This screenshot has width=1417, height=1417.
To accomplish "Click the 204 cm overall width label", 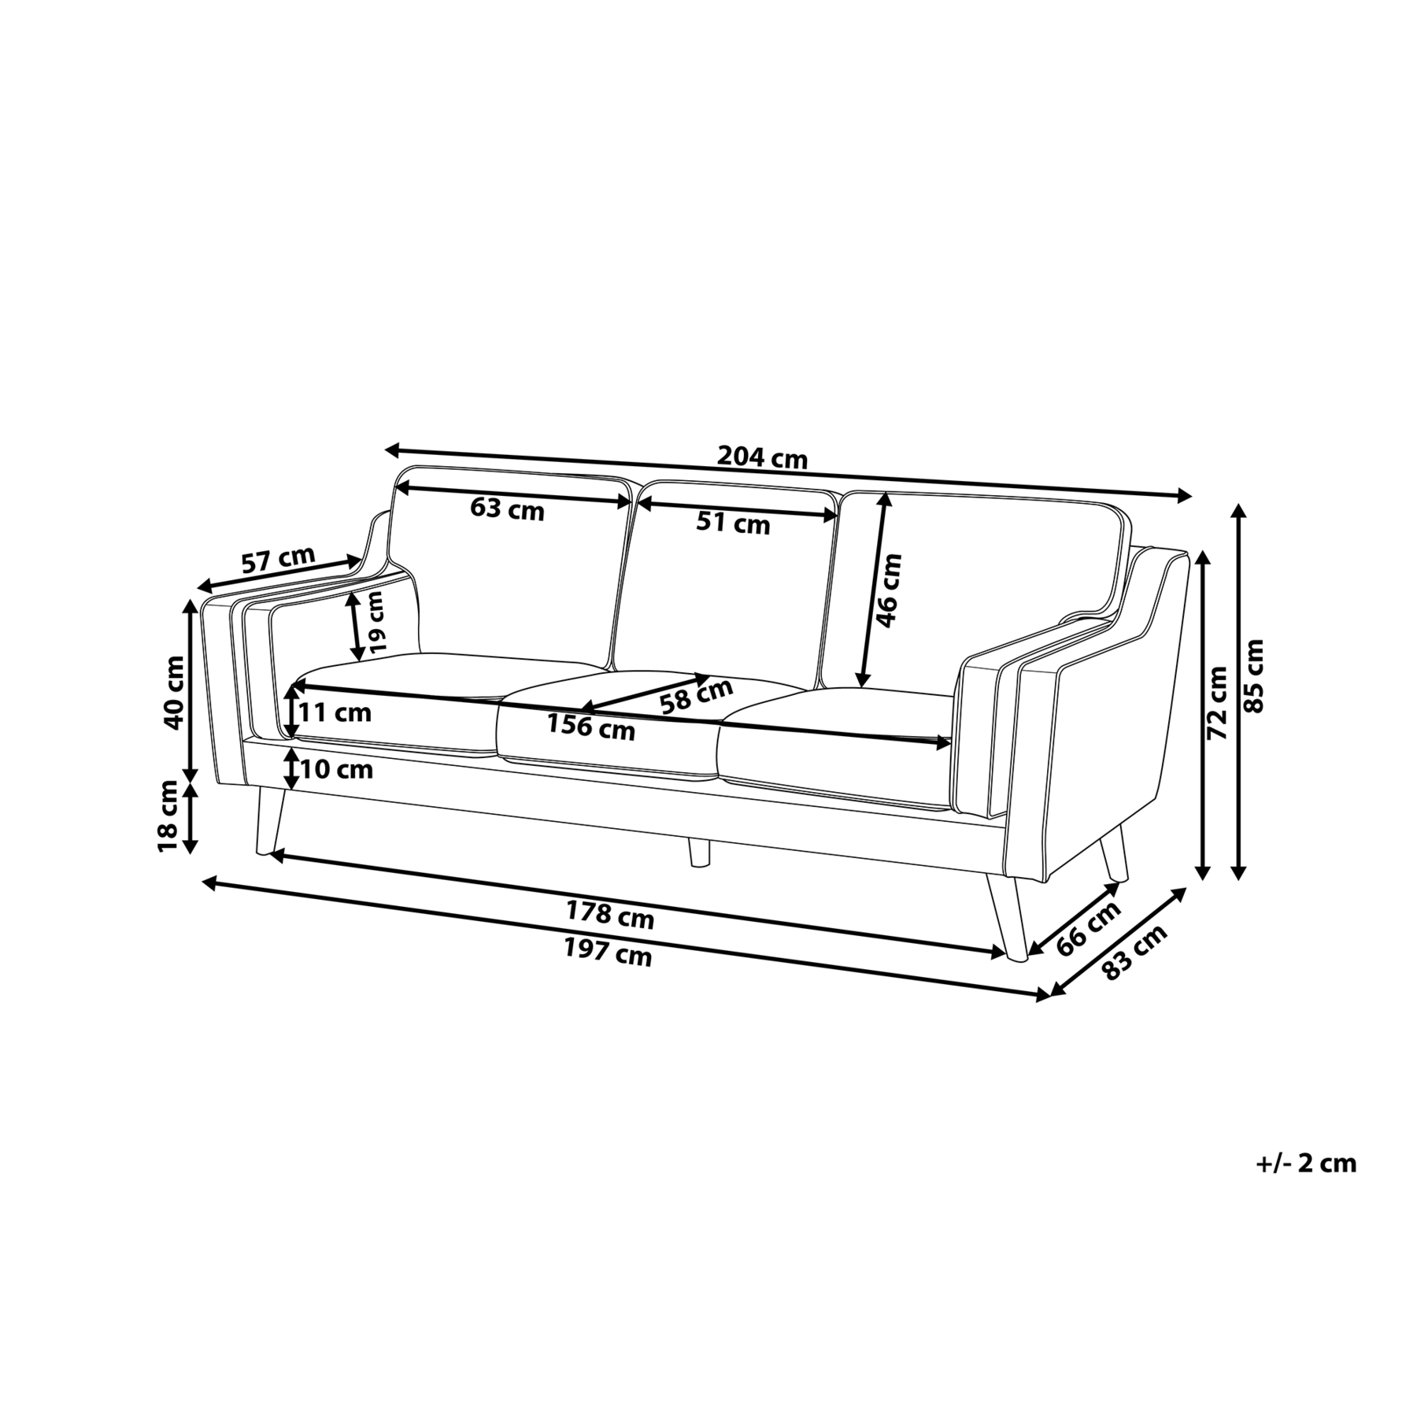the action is click(x=761, y=457).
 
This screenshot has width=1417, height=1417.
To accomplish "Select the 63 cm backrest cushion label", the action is click(x=507, y=509).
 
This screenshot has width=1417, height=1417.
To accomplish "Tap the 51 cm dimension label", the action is click(x=733, y=523).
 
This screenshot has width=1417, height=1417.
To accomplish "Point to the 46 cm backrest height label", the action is click(x=889, y=590).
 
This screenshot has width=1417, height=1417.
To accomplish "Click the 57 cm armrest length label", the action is click(x=278, y=560).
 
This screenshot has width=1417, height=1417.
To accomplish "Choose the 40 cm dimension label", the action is click(x=172, y=692).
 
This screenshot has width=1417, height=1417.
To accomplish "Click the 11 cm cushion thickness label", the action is click(x=335, y=713).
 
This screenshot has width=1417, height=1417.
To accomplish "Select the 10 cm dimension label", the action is click(x=336, y=769).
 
